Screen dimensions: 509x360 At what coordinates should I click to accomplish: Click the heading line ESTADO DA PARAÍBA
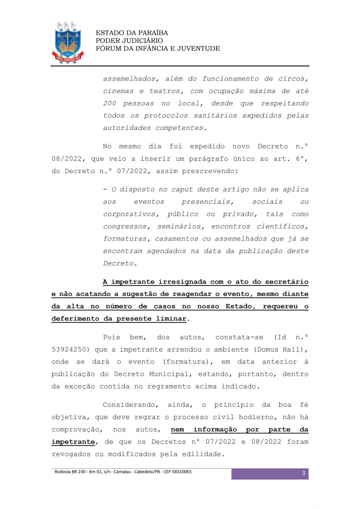[132, 33]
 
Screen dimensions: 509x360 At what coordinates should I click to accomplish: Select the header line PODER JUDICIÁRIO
[129, 41]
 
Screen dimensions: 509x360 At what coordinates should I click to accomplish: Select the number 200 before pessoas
[110, 103]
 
